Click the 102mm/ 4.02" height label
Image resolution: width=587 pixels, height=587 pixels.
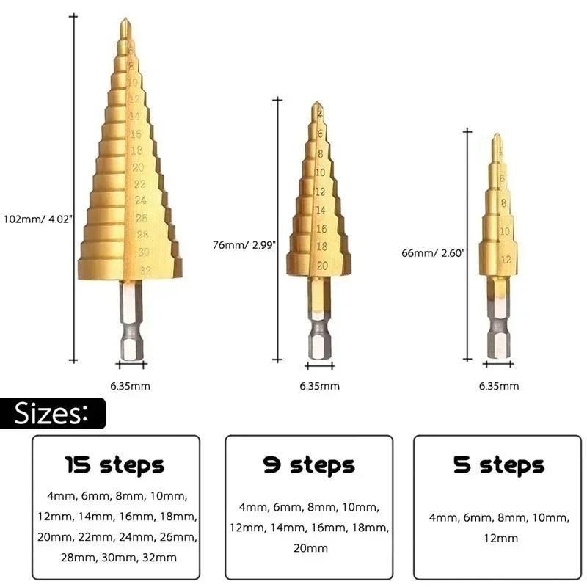[x=37, y=218]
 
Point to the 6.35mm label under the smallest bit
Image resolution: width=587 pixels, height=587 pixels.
[x=499, y=386]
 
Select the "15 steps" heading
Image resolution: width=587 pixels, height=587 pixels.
[x=115, y=464]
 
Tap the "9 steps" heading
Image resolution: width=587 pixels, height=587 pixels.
[x=309, y=464]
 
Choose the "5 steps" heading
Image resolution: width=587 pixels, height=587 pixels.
[x=499, y=464]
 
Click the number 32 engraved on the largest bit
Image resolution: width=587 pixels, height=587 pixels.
[x=145, y=270]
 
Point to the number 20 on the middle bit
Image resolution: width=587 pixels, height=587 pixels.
[x=321, y=266]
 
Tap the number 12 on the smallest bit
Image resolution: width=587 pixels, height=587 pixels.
[x=505, y=260]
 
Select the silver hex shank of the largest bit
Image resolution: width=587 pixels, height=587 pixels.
[x=132, y=323]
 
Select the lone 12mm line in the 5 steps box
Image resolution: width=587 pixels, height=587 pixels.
[x=499, y=538]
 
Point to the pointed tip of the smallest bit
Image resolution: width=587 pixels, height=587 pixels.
[x=497, y=138]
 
